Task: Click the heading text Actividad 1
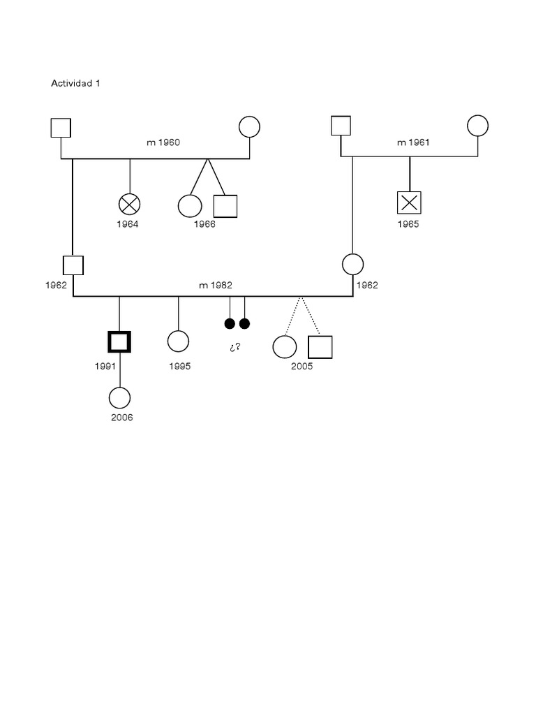[x=76, y=83]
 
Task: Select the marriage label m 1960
[x=163, y=142]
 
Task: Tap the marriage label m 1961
[x=413, y=142]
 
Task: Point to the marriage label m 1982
[x=216, y=286]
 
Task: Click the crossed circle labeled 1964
[x=129, y=205]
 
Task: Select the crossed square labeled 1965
[x=409, y=203]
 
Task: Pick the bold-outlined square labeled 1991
[x=119, y=341]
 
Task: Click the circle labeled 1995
[x=179, y=341]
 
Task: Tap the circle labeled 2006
[x=120, y=397]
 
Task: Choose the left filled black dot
[x=230, y=323]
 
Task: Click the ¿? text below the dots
[x=235, y=347]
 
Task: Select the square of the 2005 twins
[x=320, y=347]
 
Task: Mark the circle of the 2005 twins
[x=284, y=347]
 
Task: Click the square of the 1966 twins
[x=225, y=206]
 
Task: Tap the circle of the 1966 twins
[x=190, y=206]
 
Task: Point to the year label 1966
[x=204, y=225]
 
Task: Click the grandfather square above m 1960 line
[x=61, y=128]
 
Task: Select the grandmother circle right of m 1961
[x=477, y=126]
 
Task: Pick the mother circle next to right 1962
[x=353, y=265]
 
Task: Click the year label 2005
[x=302, y=367]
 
